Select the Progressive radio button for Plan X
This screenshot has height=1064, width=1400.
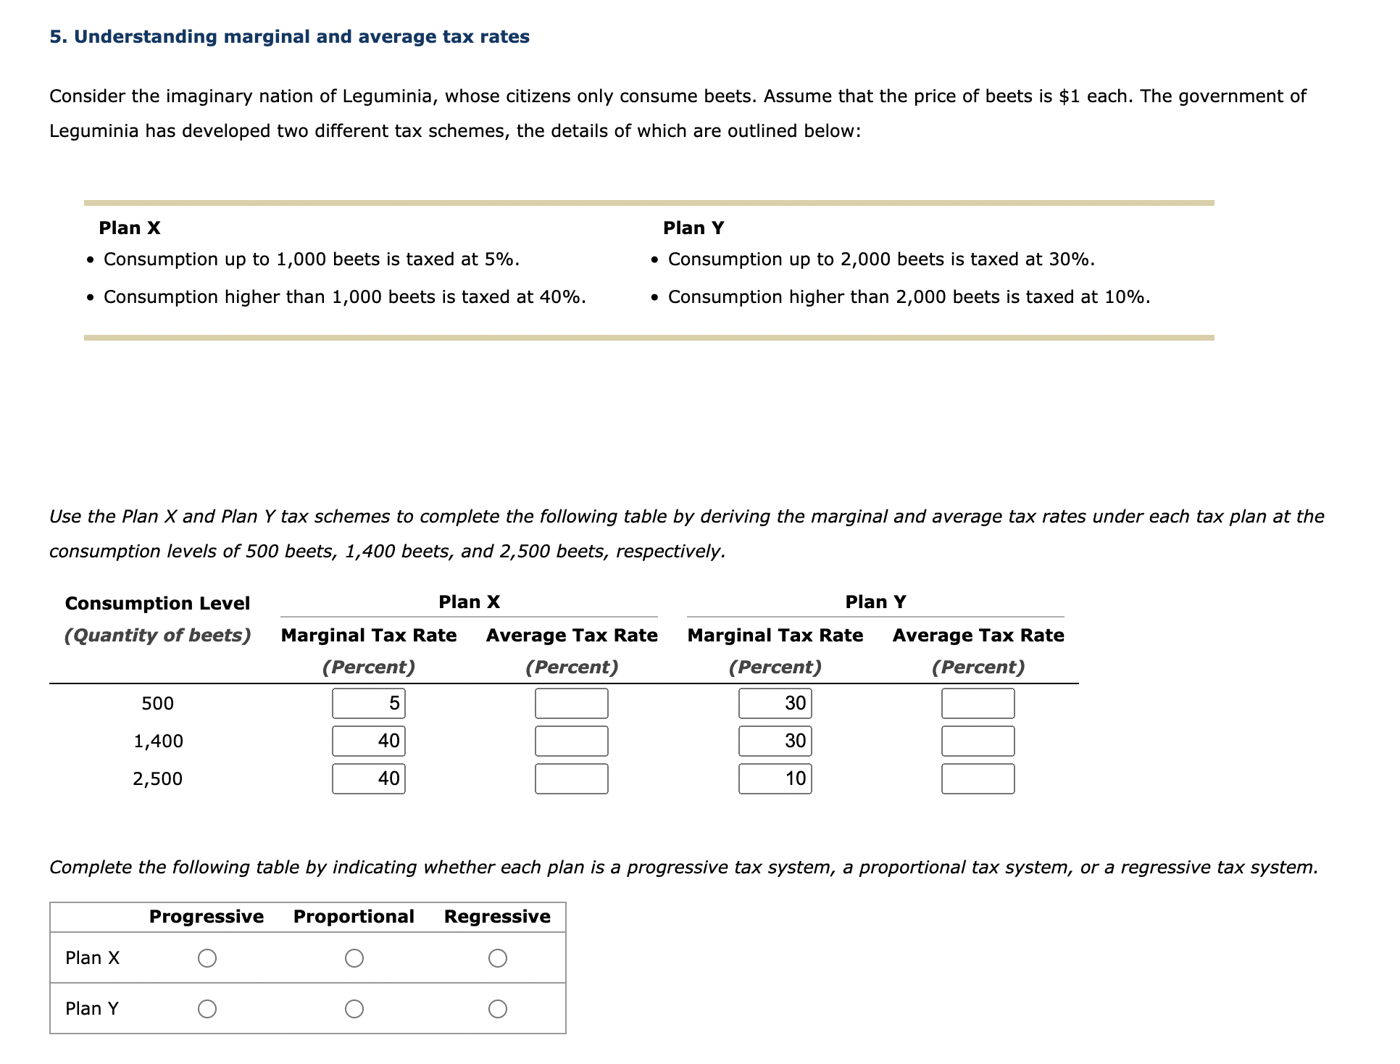[x=207, y=958]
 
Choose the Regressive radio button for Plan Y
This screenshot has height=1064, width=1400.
[x=497, y=1009]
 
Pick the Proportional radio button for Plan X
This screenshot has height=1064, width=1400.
[x=354, y=958]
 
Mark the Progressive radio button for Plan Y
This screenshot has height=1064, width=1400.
[x=207, y=1009]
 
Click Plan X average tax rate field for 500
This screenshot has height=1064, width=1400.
[x=571, y=704]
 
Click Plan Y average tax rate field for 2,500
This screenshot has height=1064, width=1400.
[x=978, y=779]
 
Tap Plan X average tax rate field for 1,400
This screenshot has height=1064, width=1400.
[x=571, y=741]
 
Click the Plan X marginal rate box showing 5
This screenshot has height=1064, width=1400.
[x=368, y=704]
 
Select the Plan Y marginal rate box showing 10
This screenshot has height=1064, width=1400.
[x=775, y=779]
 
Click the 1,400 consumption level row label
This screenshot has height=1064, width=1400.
[x=158, y=741]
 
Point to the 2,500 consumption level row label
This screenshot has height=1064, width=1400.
[x=157, y=779]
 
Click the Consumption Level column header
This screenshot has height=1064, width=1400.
[x=157, y=604]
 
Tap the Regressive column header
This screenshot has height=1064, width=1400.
[x=497, y=917]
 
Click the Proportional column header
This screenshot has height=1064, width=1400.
[x=354, y=917]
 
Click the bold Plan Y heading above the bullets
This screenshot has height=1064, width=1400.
[x=693, y=228]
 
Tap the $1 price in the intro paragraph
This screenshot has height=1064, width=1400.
[x=1069, y=96]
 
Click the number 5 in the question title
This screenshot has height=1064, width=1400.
[x=54, y=37]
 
